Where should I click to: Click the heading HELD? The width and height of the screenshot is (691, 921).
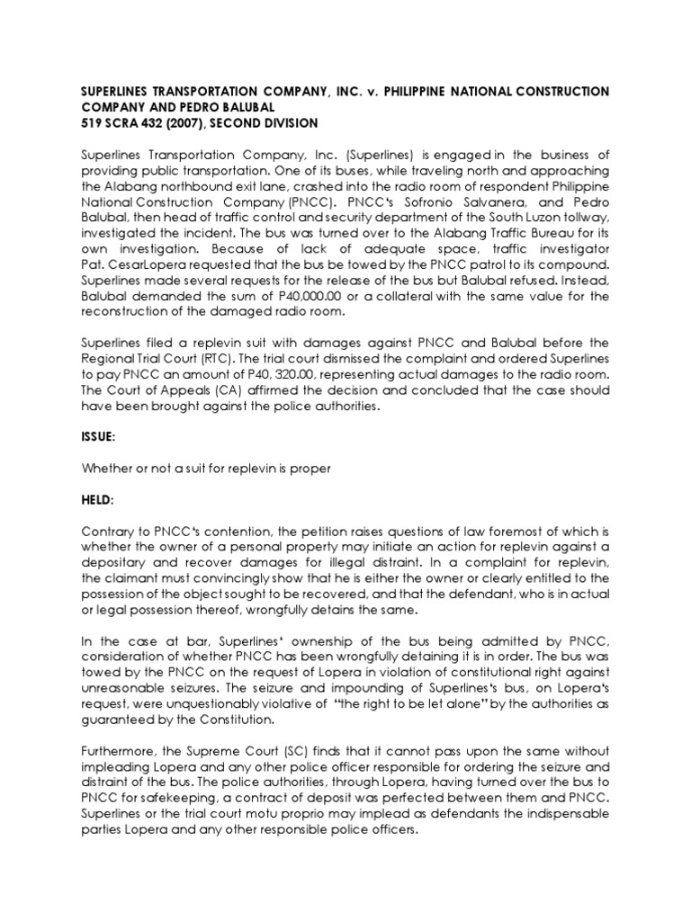98,522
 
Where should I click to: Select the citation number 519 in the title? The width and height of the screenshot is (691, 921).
93,122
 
